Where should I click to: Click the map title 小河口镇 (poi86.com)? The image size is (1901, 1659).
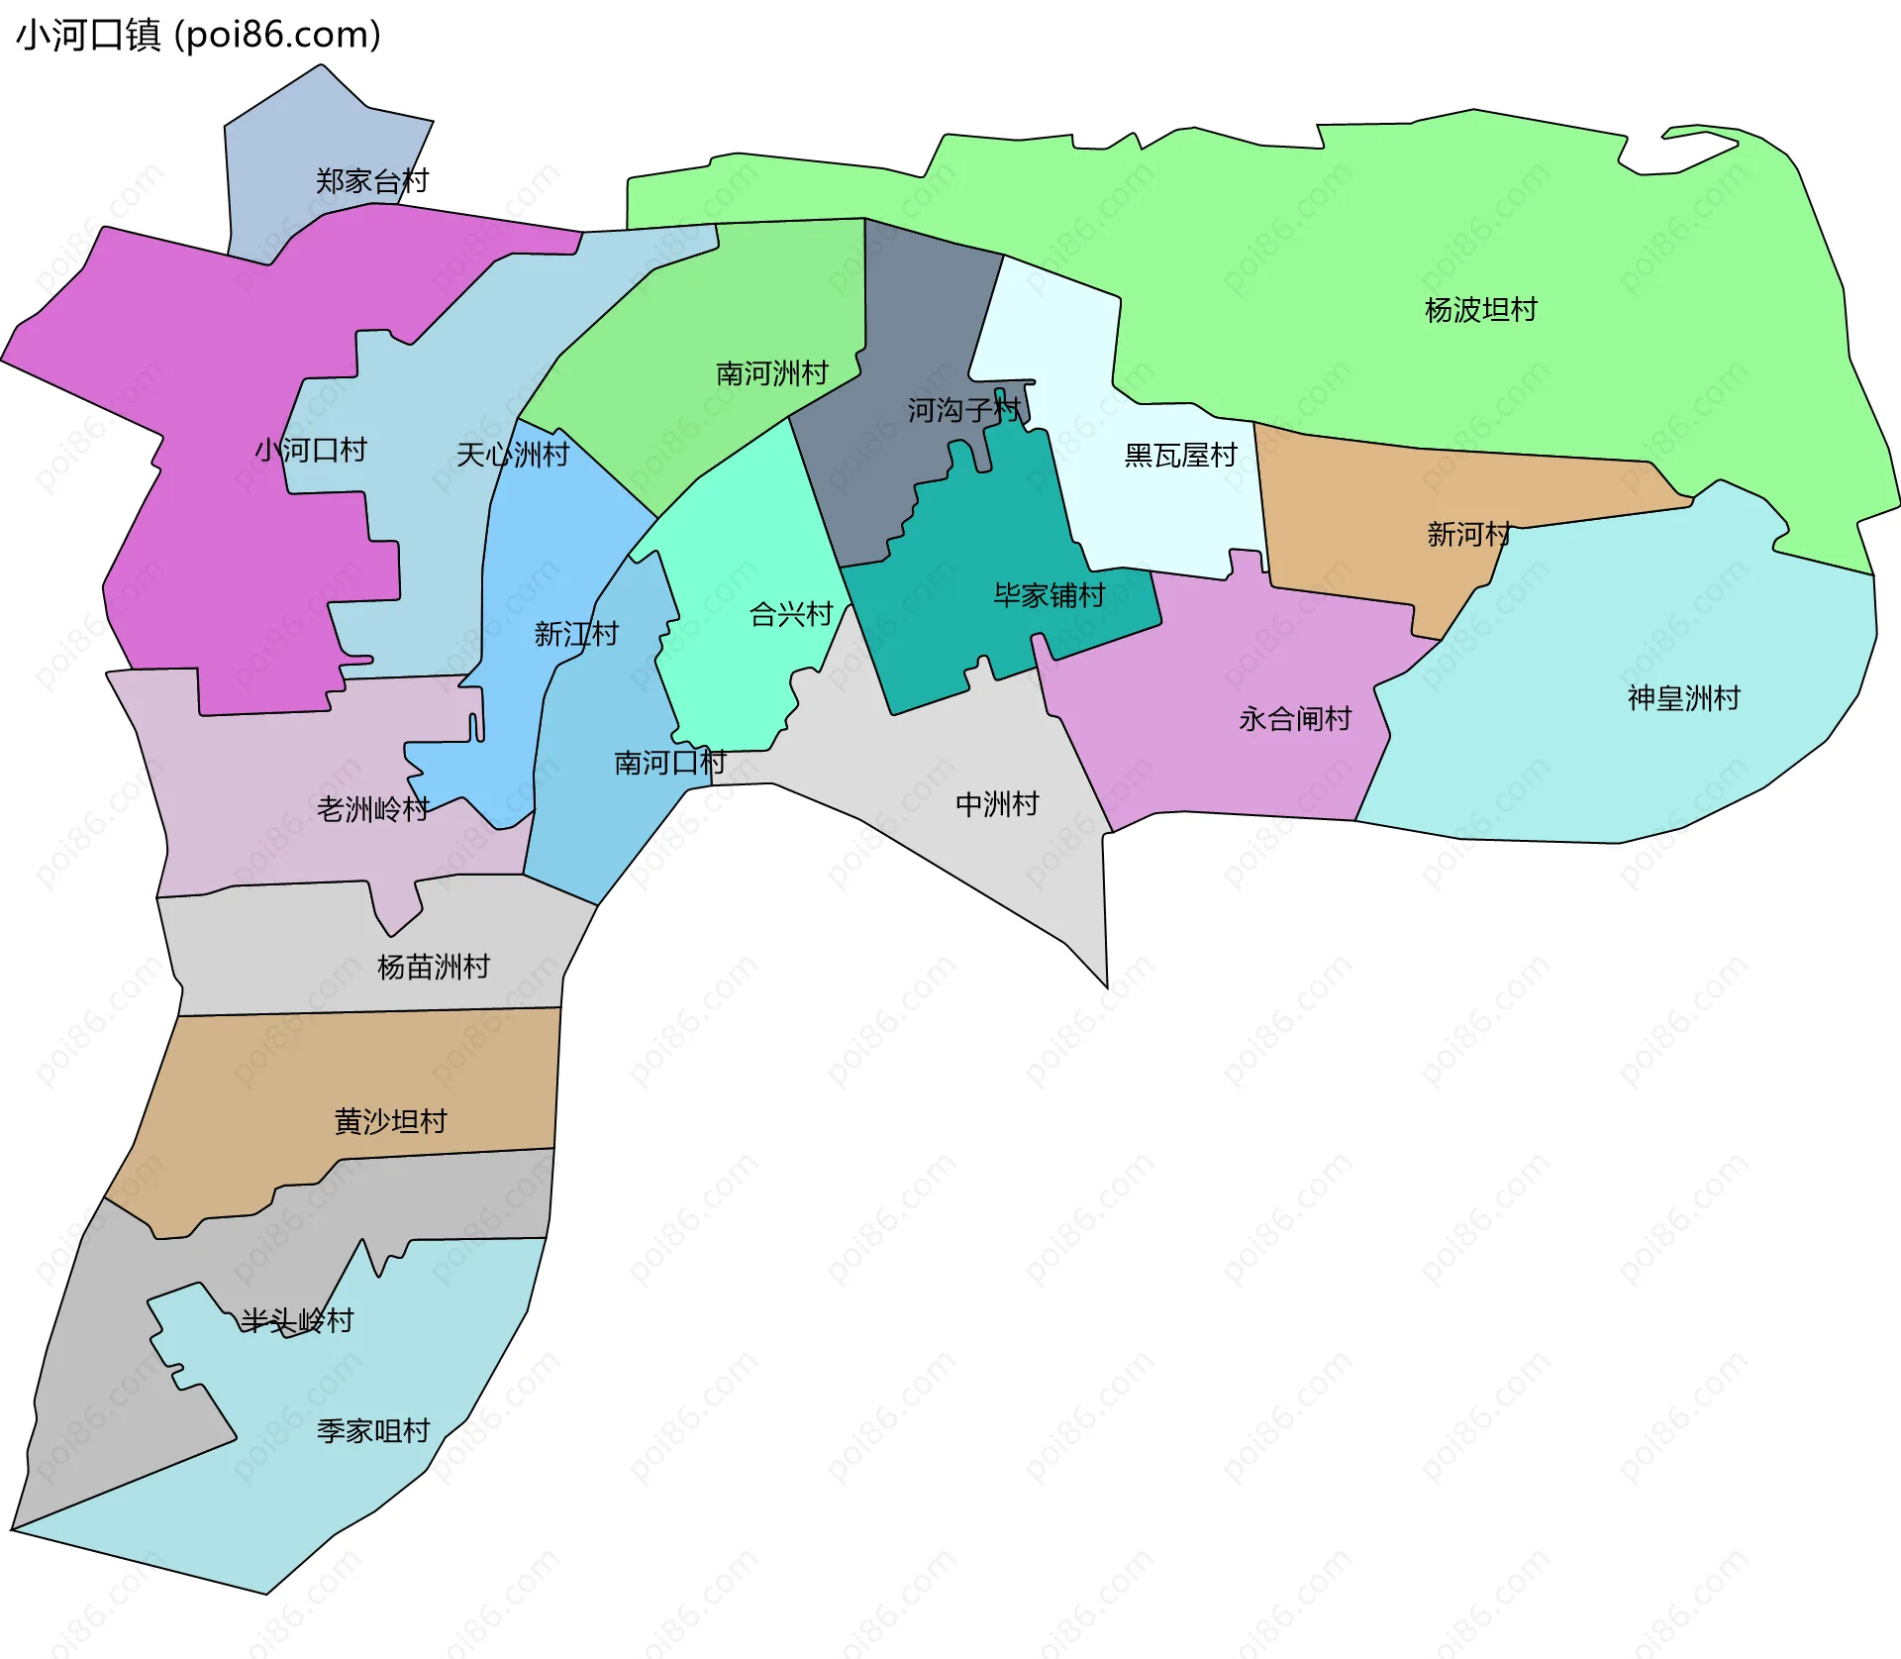[198, 35]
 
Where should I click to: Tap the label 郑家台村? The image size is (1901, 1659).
[372, 181]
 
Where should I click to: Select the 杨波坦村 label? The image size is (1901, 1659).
[1481, 310]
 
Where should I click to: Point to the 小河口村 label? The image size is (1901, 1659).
[311, 451]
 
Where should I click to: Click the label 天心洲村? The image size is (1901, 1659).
[513, 455]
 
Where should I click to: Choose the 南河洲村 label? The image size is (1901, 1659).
[772, 373]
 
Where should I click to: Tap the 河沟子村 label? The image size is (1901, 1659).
[964, 410]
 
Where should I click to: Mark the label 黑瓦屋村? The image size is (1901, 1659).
[1181, 456]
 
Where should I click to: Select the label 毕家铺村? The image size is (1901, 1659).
[1050, 595]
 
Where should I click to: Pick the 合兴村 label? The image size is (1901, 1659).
[792, 614]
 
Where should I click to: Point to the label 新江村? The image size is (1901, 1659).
[576, 634]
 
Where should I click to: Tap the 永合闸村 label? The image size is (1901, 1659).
[1295, 719]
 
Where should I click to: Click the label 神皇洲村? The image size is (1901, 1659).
[1684, 698]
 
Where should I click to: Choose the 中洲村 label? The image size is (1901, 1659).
[997, 804]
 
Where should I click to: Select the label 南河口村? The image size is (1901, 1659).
[670, 763]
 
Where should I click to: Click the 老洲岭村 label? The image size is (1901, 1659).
[372, 809]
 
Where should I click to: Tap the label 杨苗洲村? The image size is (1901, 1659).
[434, 967]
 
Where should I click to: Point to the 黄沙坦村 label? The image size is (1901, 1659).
[391, 1121]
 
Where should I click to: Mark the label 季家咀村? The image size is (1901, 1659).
[373, 1431]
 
